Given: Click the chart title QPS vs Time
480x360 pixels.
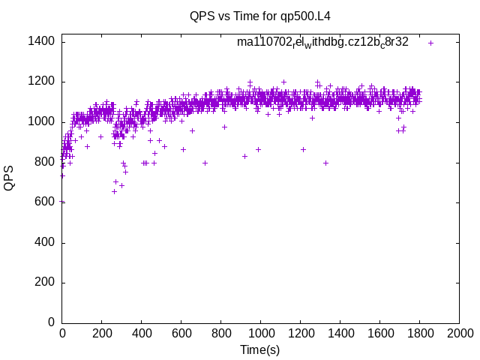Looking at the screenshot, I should coord(260,16).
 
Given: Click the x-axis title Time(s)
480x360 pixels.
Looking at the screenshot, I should coord(260,350).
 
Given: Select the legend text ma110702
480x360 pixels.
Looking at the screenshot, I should coord(322,42).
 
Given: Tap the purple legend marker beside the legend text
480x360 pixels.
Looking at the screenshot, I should coord(430,43).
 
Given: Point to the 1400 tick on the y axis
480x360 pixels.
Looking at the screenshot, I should coord(41,41).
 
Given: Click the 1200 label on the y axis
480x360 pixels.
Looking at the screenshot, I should coord(41,82).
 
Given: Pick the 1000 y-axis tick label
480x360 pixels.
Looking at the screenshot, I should coord(41,121).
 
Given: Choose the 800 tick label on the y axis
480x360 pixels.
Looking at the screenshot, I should coord(44,162).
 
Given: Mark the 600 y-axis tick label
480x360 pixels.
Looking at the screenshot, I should coord(44,202).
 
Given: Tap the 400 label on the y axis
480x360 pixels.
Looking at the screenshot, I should coord(44,242).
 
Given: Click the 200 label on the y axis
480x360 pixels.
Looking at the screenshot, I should coord(44,282).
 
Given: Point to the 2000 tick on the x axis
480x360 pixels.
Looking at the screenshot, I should coord(459,333).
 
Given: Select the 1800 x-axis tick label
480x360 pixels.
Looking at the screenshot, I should coord(419,333).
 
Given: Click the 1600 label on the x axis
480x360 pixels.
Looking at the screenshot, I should coord(379,333).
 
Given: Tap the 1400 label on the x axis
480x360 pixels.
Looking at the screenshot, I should coord(340,333).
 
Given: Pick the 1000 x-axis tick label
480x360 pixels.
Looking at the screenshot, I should coord(260,333).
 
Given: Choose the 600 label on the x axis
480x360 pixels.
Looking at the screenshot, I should coord(181,333).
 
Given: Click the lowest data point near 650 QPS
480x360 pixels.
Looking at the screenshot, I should coord(114,191).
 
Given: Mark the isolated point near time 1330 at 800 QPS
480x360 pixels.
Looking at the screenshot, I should coord(325,163).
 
